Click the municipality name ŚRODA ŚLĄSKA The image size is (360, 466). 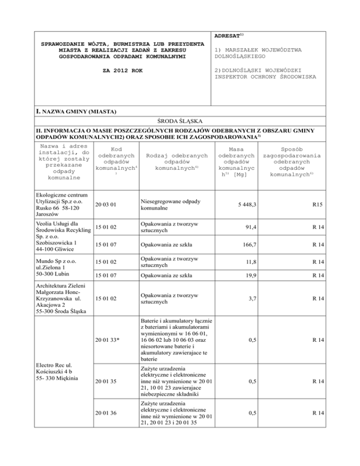(180, 121)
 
